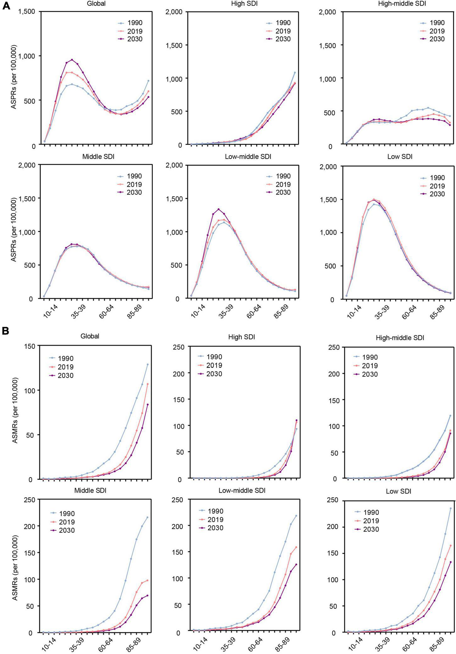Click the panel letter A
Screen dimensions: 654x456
click(x=6, y=6)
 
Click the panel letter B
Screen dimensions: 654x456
click(x=6, y=331)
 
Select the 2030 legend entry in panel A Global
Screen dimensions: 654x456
click(x=131, y=39)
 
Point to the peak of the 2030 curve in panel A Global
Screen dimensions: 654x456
click(x=72, y=60)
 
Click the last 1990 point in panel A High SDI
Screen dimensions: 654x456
click(x=295, y=73)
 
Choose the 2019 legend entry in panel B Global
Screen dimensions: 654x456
click(x=61, y=367)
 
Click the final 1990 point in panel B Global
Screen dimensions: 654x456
click(x=147, y=364)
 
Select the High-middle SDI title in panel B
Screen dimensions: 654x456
click(x=400, y=338)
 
